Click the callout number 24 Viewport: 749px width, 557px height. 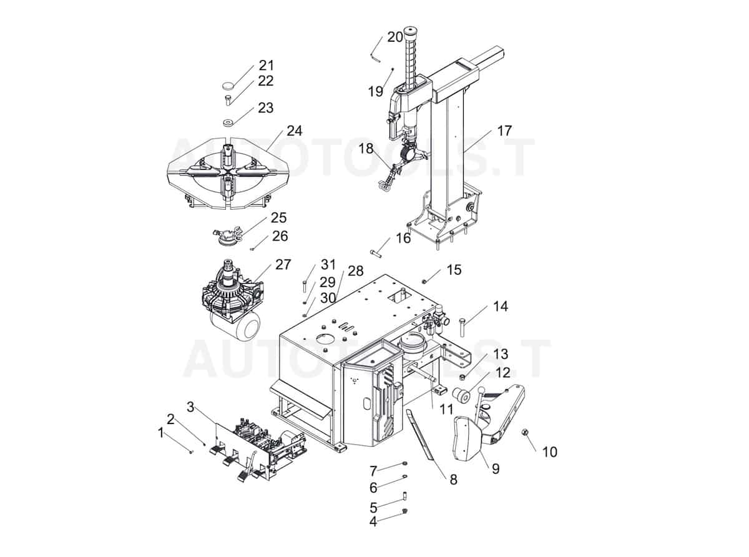click(294, 131)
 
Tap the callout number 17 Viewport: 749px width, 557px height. click(504, 131)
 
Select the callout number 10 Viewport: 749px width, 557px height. click(549, 451)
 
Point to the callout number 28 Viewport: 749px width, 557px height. click(355, 271)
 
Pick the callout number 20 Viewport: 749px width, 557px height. click(394, 37)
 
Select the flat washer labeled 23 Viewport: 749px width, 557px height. click(228, 121)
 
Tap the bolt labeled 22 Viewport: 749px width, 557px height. click(228, 99)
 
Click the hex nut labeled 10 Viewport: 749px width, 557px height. click(526, 432)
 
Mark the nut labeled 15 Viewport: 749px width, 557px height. click(424, 281)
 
